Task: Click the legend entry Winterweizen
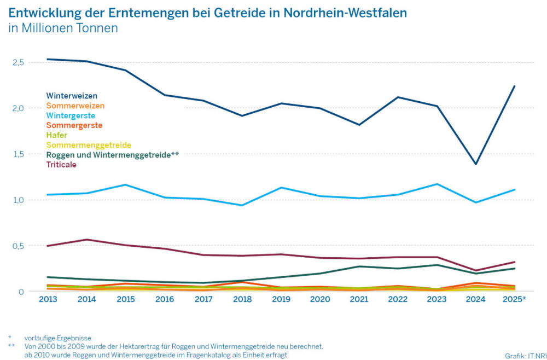(72, 96)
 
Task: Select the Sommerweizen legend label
(75, 106)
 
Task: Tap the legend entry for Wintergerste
(71, 115)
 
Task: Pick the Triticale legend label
(61, 165)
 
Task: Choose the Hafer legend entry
(56, 135)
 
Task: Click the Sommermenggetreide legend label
(89, 145)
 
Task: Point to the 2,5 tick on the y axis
(18, 62)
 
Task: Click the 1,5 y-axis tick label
(18, 154)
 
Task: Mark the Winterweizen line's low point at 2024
(476, 164)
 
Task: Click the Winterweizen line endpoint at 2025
(515, 86)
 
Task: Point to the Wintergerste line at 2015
(125, 184)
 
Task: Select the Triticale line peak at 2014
(86, 240)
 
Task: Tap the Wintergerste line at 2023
(437, 184)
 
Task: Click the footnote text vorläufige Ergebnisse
(57, 338)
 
